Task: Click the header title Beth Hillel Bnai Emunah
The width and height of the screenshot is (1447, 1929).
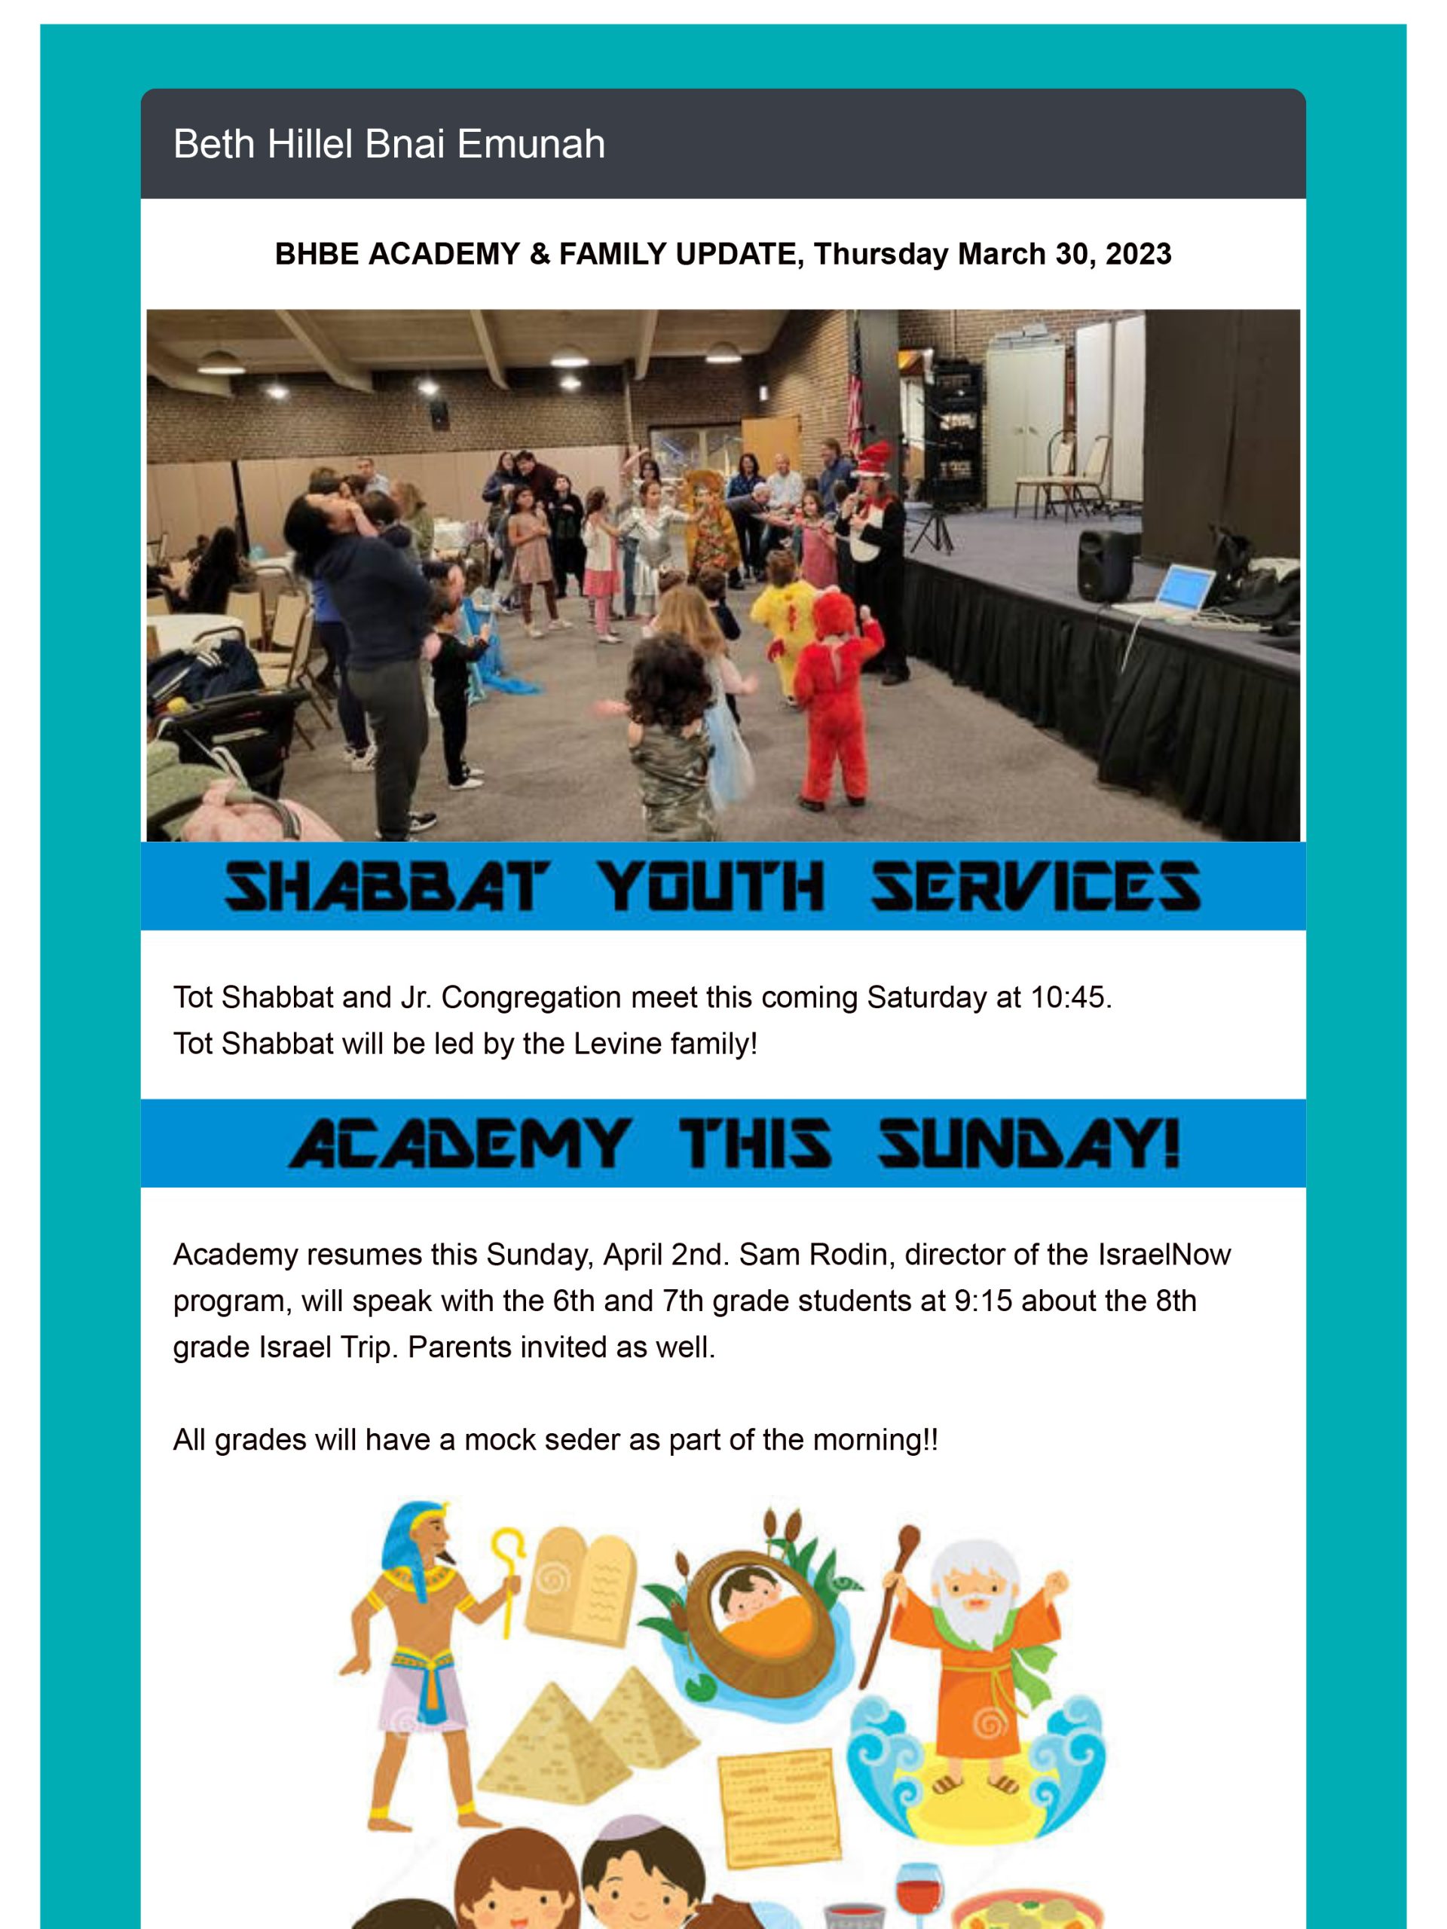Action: [x=388, y=144]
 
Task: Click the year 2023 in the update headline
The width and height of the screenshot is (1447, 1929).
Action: [x=1138, y=254]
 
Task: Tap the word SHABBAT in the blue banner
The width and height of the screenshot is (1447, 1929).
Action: [x=387, y=886]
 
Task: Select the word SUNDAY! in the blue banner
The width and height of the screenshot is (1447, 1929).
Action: [x=1029, y=1143]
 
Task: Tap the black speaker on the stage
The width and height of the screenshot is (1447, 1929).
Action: [x=1106, y=565]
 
